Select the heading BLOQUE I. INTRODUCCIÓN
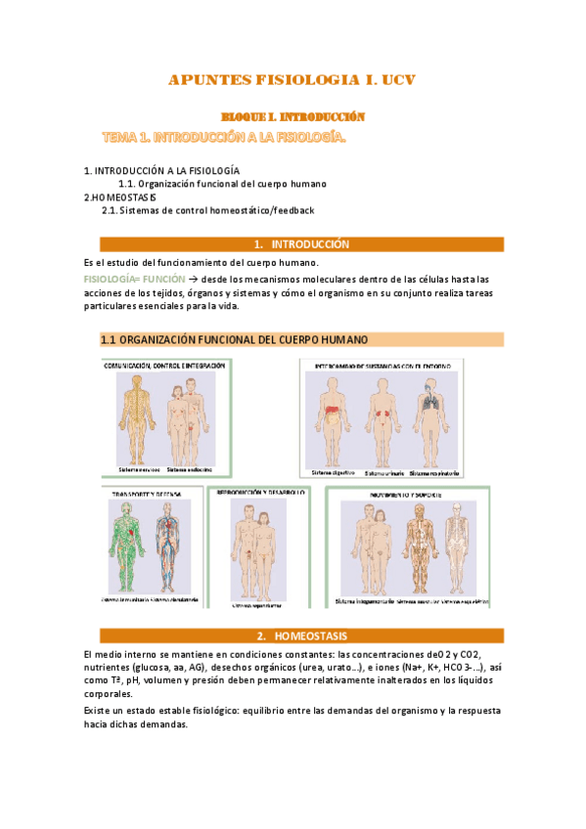click(x=293, y=116)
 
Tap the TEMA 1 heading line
click(x=224, y=138)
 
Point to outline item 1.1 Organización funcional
click(x=221, y=183)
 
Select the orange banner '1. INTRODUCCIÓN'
click(x=293, y=244)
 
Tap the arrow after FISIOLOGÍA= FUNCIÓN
click(x=193, y=279)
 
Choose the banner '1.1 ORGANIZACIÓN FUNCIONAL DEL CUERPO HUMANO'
click(x=235, y=340)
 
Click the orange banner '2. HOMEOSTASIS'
click(x=293, y=635)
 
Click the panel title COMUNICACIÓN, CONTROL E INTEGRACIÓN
click(x=164, y=366)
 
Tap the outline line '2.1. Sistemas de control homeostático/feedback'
click(x=208, y=210)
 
